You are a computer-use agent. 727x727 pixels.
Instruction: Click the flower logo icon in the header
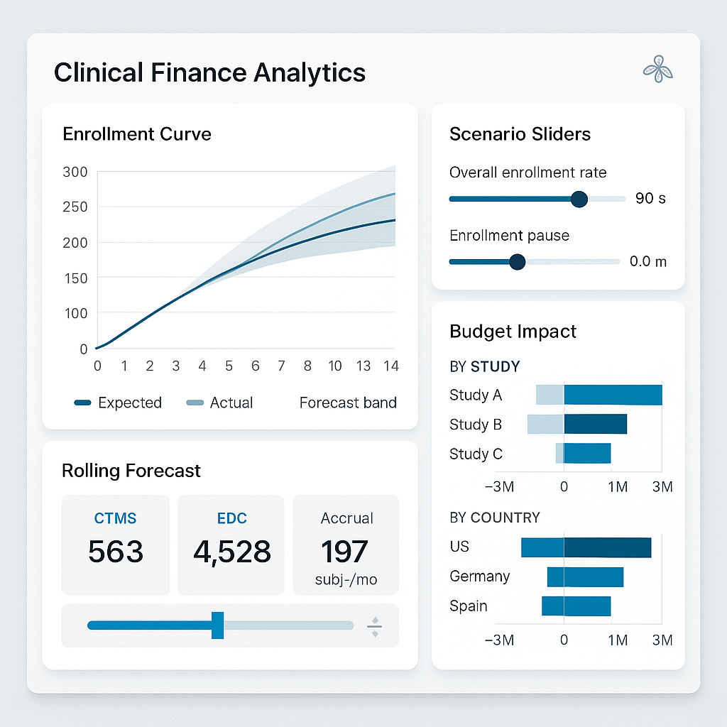coord(657,70)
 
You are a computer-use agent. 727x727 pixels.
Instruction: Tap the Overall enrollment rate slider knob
coord(579,199)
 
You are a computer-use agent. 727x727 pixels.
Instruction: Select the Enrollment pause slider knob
coord(518,262)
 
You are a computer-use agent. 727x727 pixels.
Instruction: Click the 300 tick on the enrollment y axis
coord(75,172)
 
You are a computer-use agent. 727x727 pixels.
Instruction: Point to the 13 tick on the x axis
coord(363,366)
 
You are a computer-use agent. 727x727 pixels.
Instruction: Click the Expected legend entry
coord(119,403)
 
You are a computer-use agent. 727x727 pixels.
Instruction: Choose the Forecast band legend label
coord(348,403)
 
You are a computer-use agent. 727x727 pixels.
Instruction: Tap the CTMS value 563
coord(116,552)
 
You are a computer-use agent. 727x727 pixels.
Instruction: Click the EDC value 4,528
coord(231,552)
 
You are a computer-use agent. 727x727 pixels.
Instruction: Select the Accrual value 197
coord(345,552)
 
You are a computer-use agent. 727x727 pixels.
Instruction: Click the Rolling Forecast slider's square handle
coord(218,625)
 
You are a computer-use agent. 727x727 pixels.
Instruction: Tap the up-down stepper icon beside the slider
coord(374,625)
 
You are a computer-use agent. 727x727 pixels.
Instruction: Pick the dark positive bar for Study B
coord(596,424)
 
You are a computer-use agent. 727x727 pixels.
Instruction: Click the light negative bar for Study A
coord(550,395)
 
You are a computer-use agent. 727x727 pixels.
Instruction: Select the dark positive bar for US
coord(607,547)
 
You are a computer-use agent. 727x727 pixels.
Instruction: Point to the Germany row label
coord(479,576)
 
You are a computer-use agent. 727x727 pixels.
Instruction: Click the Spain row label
coord(469,606)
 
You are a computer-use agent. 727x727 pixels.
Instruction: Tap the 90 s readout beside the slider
coord(650,198)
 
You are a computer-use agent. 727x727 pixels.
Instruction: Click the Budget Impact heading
coord(513,332)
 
